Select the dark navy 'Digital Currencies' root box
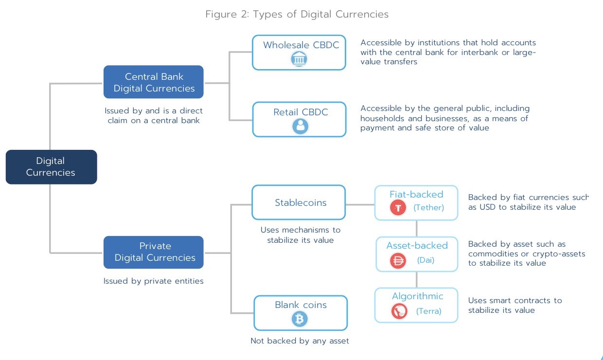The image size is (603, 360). point(51,167)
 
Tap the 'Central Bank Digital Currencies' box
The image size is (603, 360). point(154,82)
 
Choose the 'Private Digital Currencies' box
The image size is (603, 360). point(154,252)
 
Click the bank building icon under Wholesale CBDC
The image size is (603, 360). point(299,59)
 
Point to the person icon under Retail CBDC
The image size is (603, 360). point(300,126)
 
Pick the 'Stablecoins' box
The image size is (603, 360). point(299,202)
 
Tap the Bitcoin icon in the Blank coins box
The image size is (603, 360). point(300,319)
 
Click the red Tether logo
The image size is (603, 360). point(398,208)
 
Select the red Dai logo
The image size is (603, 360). point(398,261)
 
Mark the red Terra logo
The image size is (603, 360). point(399,311)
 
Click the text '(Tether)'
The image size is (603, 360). point(428,208)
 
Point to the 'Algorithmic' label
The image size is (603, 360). point(418,296)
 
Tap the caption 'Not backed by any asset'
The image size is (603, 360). point(300,341)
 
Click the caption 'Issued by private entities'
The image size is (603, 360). point(154,281)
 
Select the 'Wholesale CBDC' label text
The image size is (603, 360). point(301,45)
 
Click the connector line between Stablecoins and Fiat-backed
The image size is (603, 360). point(360,205)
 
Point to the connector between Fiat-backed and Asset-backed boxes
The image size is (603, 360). point(416,229)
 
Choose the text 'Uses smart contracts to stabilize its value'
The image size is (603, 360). point(515,306)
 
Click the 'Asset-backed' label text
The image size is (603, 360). point(417,246)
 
